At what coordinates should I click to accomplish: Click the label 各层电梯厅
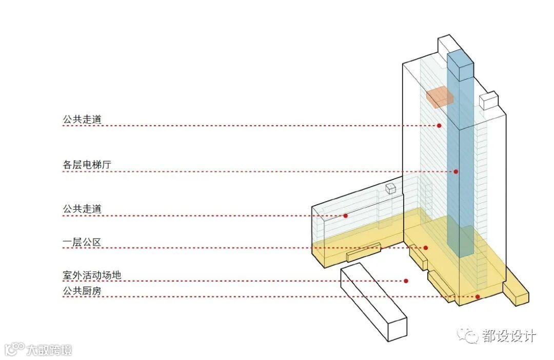point(87,165)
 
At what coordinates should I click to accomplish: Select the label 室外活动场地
point(92,275)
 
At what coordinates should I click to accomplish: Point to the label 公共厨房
point(82,291)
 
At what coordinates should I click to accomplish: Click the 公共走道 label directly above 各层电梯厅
point(82,119)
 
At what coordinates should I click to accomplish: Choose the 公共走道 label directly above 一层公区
point(82,209)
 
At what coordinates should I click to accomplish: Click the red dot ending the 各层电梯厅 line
point(456,171)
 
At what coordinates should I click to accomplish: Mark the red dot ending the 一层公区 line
point(426,248)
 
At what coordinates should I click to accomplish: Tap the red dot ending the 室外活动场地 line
point(406,281)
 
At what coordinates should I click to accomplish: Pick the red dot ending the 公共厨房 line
point(477,296)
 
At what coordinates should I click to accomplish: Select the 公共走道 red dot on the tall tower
point(439,126)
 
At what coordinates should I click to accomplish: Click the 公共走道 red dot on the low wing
point(346,216)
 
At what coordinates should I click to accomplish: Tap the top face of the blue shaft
point(460,57)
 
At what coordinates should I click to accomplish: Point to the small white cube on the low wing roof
point(391,189)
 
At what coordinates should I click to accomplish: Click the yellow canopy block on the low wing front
point(363,252)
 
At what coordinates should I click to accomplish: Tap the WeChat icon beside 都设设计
point(468,336)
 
